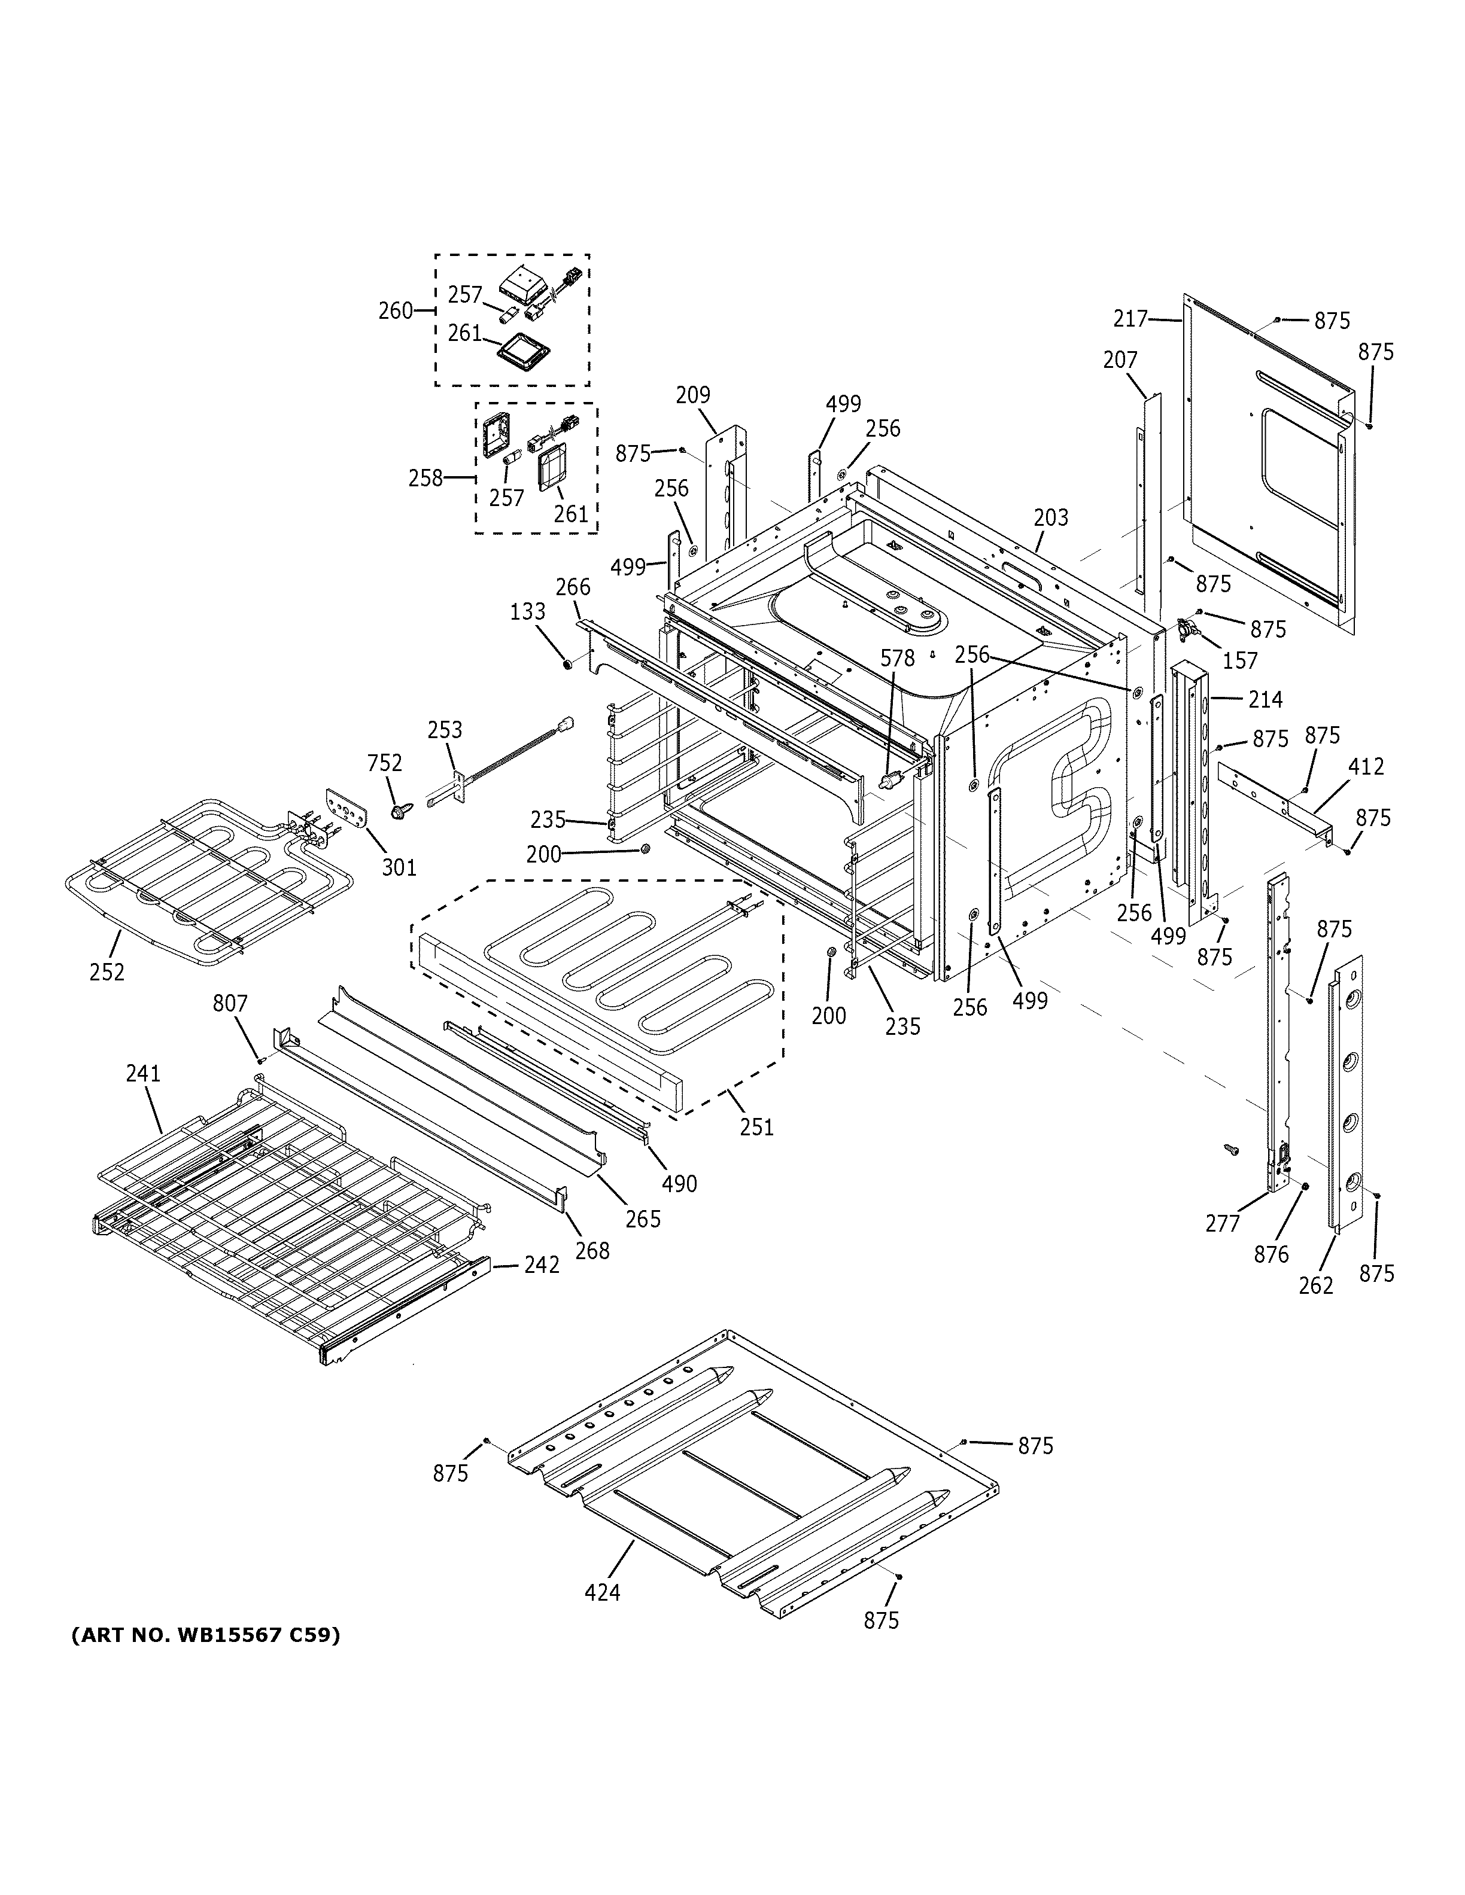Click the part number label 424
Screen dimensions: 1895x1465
pos(602,1593)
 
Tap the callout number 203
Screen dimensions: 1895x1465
pos(1051,517)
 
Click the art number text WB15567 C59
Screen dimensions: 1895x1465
pos(205,1635)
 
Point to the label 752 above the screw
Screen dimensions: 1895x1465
pos(384,763)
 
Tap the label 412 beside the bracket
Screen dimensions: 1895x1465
pos(1366,767)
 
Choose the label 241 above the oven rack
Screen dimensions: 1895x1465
pos(143,1073)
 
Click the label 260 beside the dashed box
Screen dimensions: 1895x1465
pos(396,310)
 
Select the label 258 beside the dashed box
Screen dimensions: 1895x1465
pos(426,478)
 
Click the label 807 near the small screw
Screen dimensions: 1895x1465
pos(230,1004)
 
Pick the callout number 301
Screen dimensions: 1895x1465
pos(399,866)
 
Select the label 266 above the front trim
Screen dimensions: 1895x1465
pos(573,587)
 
